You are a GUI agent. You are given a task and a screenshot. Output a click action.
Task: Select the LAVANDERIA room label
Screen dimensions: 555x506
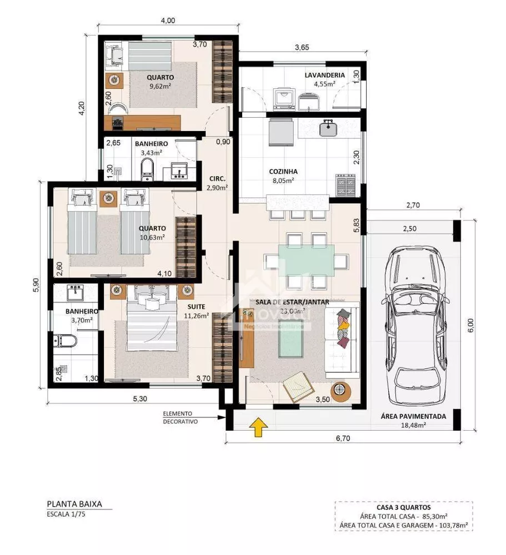324,75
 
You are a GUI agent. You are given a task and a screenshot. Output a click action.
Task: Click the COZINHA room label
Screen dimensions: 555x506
283,171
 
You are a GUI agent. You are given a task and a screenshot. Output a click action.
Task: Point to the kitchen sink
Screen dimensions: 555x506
327,129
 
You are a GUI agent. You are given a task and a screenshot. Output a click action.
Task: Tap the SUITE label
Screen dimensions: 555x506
196,306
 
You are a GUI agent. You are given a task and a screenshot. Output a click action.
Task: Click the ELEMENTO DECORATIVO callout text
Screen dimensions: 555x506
177,417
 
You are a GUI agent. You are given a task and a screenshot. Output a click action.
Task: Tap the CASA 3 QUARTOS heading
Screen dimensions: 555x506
403,507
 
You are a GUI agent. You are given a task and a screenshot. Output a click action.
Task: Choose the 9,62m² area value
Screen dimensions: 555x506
160,87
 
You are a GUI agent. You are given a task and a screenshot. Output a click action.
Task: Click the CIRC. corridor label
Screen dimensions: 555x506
217,179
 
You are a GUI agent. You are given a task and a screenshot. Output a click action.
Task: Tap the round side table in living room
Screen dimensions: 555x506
339,391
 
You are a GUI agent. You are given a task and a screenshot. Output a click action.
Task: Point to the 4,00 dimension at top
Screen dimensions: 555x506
167,21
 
